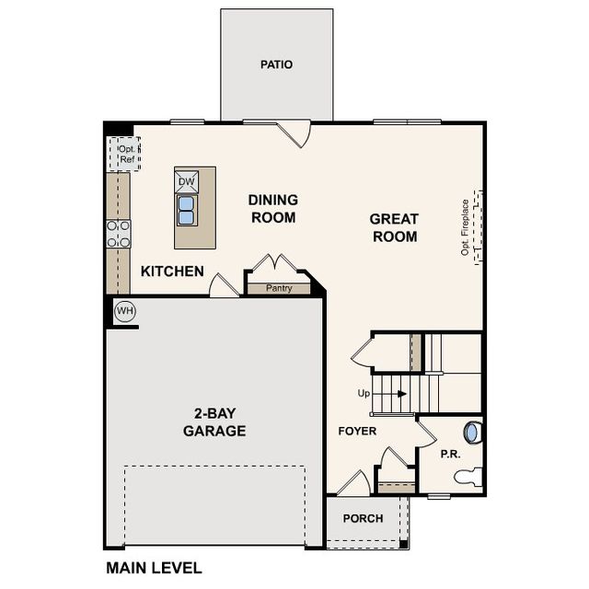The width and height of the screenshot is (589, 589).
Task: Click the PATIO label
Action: click(276, 64)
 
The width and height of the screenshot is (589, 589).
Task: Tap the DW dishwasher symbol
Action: click(187, 181)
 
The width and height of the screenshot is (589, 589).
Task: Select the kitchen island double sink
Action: click(187, 211)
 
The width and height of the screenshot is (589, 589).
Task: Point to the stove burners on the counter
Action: click(118, 234)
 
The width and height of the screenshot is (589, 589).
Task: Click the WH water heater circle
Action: click(125, 311)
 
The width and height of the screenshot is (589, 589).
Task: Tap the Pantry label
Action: click(279, 288)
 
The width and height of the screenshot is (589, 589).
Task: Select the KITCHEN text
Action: click(172, 271)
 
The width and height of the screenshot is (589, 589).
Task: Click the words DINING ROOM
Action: click(272, 209)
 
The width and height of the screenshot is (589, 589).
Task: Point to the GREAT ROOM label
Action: click(394, 227)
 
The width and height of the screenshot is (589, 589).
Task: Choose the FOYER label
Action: click(357, 431)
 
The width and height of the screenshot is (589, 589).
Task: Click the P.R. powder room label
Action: click(450, 455)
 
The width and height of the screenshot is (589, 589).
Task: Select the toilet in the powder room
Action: click(468, 477)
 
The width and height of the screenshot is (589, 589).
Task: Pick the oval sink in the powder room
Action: click(474, 432)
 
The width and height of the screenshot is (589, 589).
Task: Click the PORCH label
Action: click(363, 518)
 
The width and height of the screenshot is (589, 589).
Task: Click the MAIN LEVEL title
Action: click(154, 568)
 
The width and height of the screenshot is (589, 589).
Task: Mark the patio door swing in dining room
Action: click(298, 134)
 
